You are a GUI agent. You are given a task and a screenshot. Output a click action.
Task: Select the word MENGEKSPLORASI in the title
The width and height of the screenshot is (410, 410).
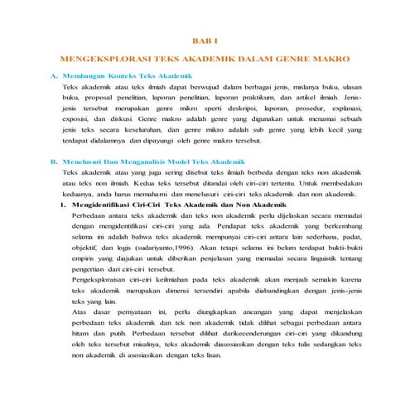click(x=102, y=60)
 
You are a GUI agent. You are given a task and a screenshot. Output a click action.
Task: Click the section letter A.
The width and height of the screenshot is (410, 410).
click(x=53, y=75)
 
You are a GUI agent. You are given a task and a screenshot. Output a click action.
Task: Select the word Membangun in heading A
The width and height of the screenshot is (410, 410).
click(x=84, y=75)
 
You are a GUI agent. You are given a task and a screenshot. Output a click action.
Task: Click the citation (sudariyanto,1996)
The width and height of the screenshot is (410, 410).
click(x=177, y=247)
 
